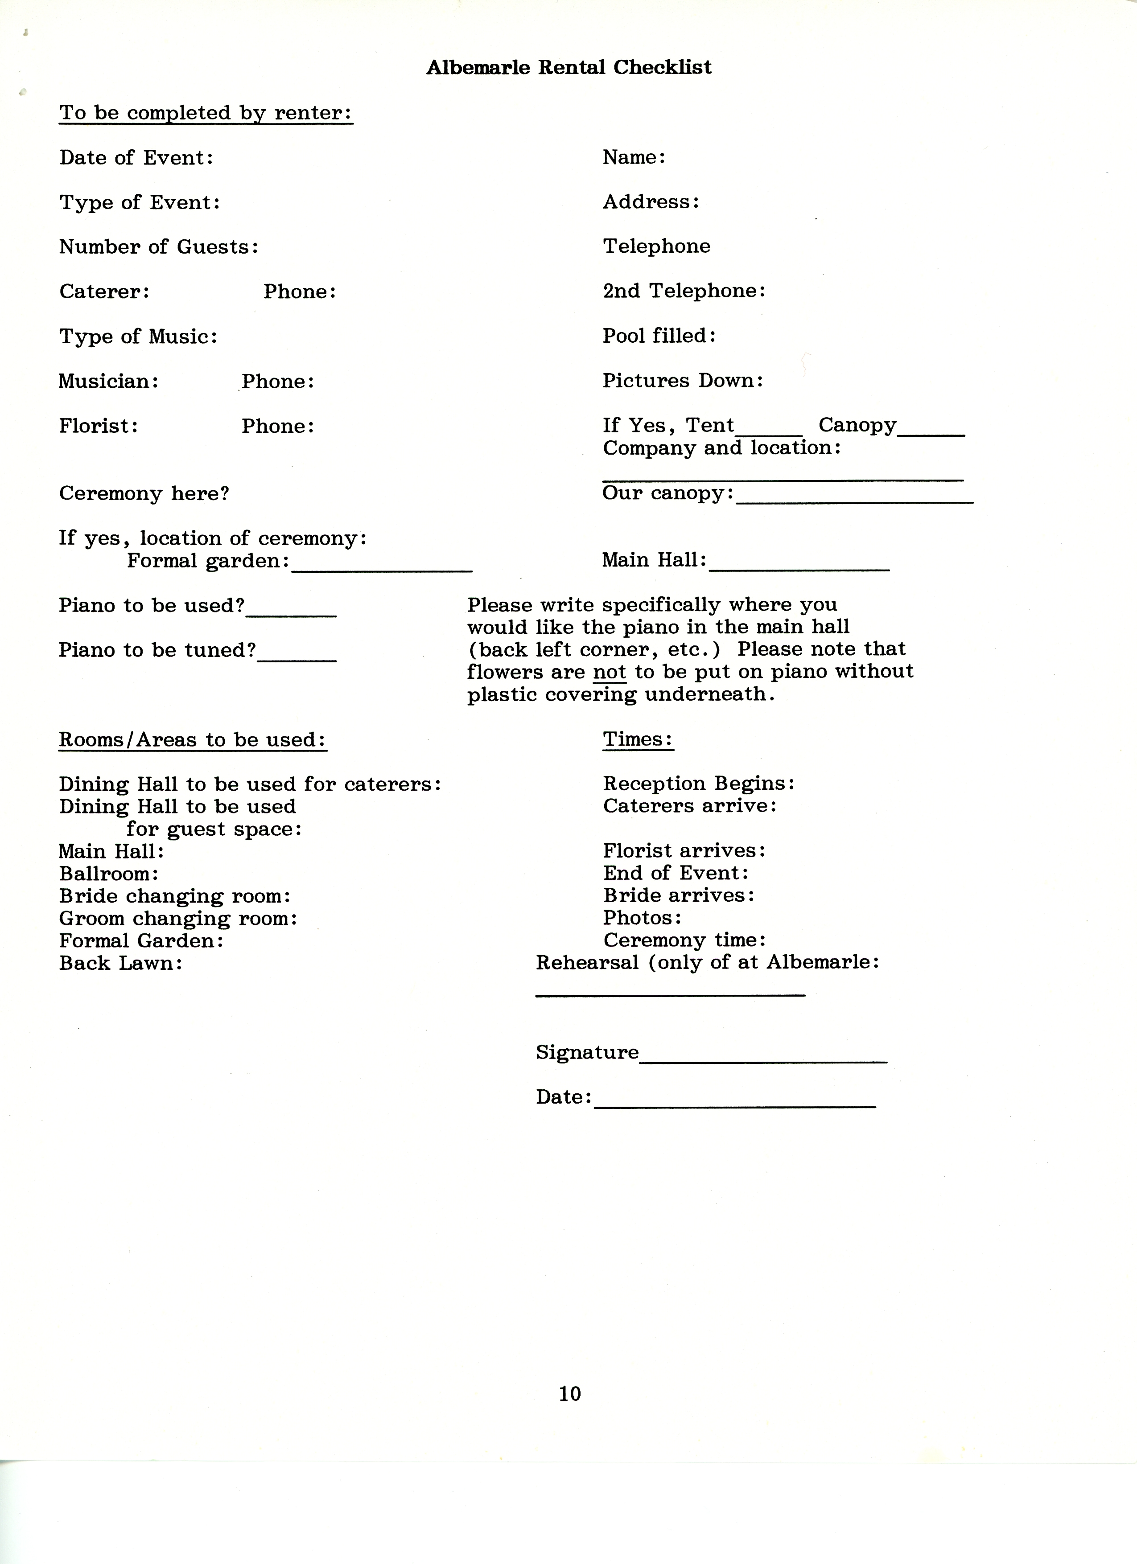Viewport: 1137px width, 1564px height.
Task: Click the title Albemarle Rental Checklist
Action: pos(568,68)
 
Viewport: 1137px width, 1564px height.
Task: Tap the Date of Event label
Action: pos(136,158)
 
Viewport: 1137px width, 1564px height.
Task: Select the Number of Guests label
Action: pos(159,247)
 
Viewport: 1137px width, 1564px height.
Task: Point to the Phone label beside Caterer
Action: pos(300,291)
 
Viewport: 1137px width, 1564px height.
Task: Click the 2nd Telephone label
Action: pos(684,291)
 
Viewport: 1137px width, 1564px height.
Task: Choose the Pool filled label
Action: pos(659,336)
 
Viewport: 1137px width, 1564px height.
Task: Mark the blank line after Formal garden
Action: pos(382,568)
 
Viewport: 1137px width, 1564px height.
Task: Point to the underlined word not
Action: pos(609,672)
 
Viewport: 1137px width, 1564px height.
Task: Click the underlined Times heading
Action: pos(638,739)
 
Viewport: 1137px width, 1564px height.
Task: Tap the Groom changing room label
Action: pos(178,919)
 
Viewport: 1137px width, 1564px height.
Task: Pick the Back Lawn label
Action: pos(121,963)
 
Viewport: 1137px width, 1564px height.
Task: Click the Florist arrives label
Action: pos(684,851)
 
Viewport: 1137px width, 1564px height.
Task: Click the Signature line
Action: pos(763,1061)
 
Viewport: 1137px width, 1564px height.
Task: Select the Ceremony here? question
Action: pos(144,494)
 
